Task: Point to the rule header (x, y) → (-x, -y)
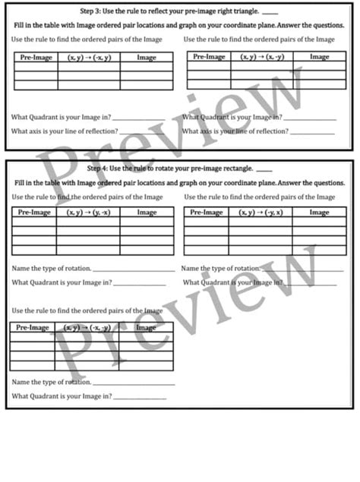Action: tap(87, 327)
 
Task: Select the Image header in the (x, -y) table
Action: tap(319, 57)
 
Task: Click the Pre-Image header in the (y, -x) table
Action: tap(34, 213)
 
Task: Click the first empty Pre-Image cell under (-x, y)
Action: tap(35, 66)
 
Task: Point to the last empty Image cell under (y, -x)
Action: tap(146, 250)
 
